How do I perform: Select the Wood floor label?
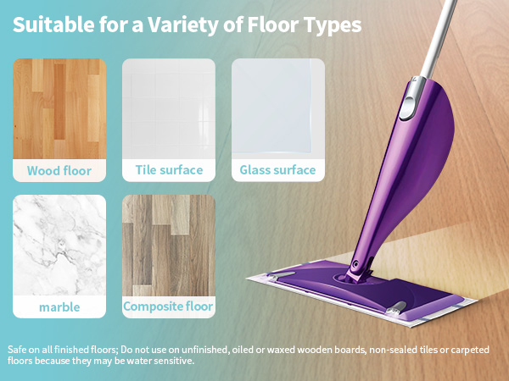(59, 170)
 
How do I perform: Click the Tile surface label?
(169, 170)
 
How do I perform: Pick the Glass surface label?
(277, 170)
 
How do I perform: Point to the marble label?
(59, 306)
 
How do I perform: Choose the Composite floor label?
(169, 306)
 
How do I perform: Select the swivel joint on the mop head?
(355, 271)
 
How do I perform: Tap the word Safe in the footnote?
(18, 349)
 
